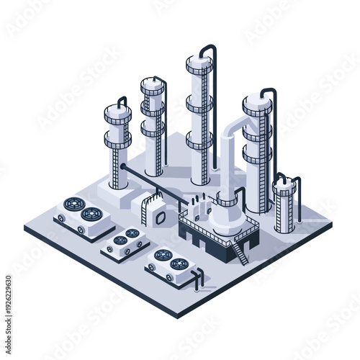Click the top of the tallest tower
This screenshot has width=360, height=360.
pos(199,62)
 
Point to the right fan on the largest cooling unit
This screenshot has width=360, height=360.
pos(91,214)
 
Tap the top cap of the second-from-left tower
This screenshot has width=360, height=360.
pos(152,83)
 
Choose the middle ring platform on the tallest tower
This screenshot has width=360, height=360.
pos(199,104)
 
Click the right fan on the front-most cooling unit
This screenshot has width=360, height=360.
pos(179,264)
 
